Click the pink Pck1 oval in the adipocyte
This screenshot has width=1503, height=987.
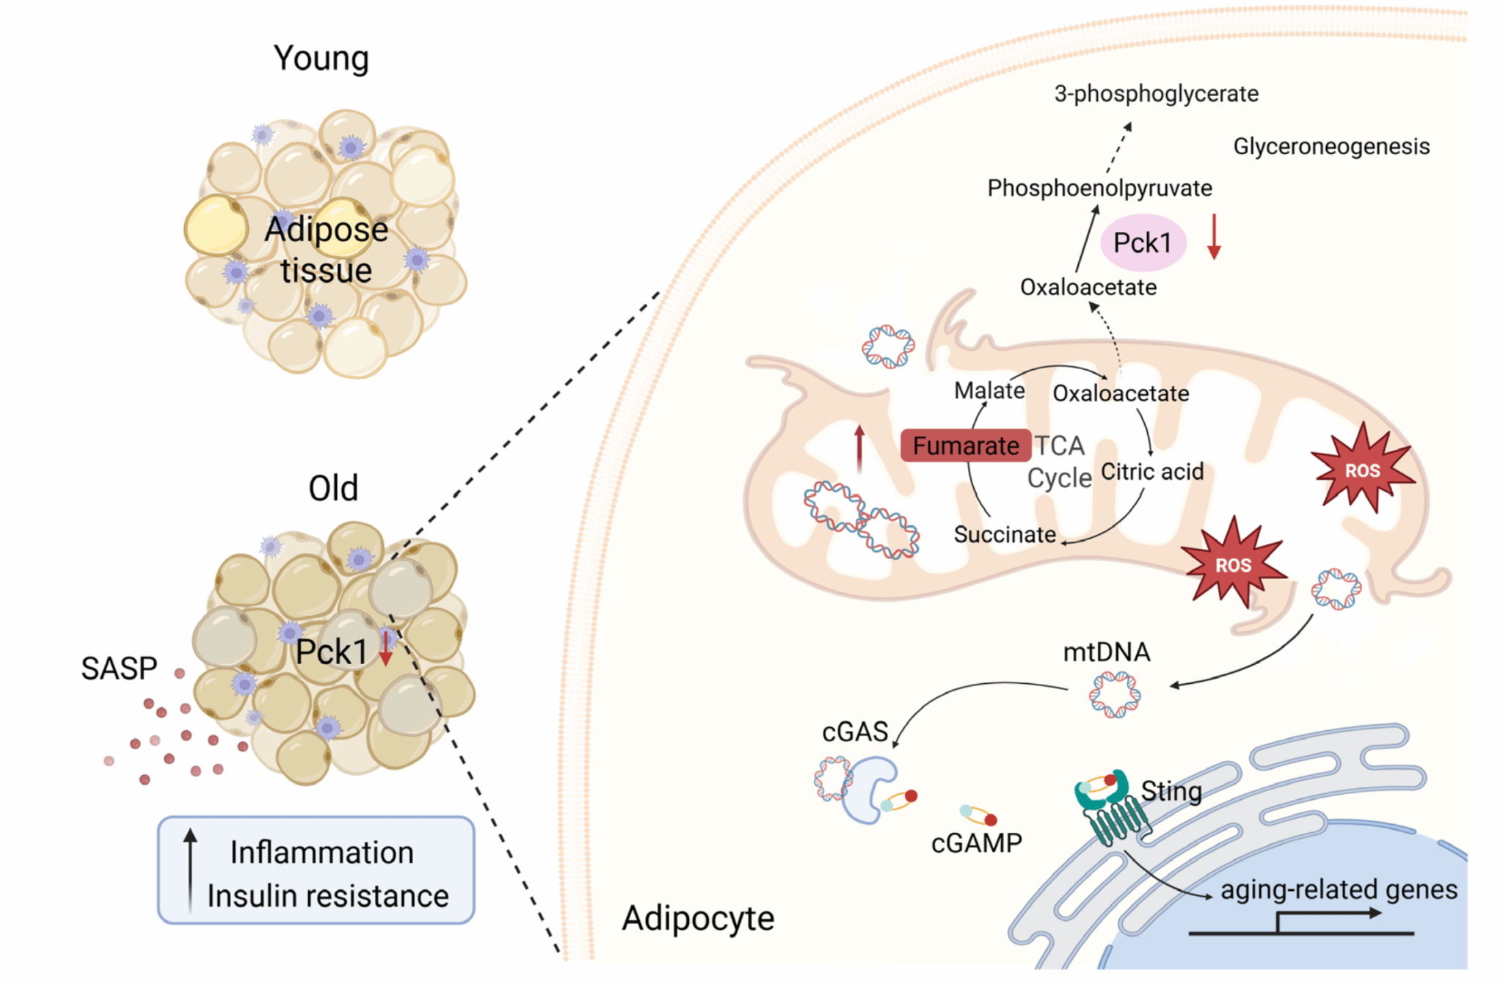pyautogui.click(x=1143, y=243)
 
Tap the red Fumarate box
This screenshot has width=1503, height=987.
pyautogui.click(x=965, y=445)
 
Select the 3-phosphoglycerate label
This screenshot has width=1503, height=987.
pyautogui.click(x=1156, y=94)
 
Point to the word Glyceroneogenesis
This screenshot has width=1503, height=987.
pyautogui.click(x=1331, y=146)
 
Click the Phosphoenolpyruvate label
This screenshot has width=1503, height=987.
pyautogui.click(x=1099, y=188)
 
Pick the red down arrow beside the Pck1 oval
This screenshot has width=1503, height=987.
pyautogui.click(x=1214, y=237)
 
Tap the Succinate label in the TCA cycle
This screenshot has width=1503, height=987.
pyautogui.click(x=1004, y=534)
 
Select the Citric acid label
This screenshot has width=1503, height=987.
pyautogui.click(x=1152, y=471)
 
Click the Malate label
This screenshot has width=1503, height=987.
pyautogui.click(x=989, y=390)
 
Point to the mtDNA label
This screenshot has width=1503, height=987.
pyautogui.click(x=1106, y=652)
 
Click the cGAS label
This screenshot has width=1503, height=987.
pyautogui.click(x=855, y=732)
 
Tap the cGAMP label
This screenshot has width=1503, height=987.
pyautogui.click(x=976, y=843)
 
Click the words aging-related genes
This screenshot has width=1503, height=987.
pyautogui.click(x=1339, y=889)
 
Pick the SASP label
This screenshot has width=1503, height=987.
pyautogui.click(x=119, y=669)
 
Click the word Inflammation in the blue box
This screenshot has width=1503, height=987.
pyautogui.click(x=321, y=853)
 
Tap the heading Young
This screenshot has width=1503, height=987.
pyautogui.click(x=321, y=58)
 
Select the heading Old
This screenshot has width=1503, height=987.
pyautogui.click(x=333, y=488)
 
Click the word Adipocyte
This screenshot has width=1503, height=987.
pyautogui.click(x=698, y=918)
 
